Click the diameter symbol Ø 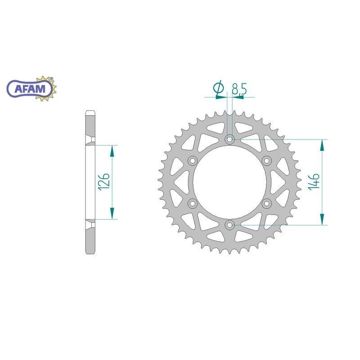219,89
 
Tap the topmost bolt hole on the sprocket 230,139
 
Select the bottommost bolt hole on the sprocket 230,224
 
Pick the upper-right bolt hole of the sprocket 266,161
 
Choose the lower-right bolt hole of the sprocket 266,203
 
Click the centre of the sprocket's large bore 230,182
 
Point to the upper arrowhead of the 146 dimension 322,145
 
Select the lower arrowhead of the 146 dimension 322,219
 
